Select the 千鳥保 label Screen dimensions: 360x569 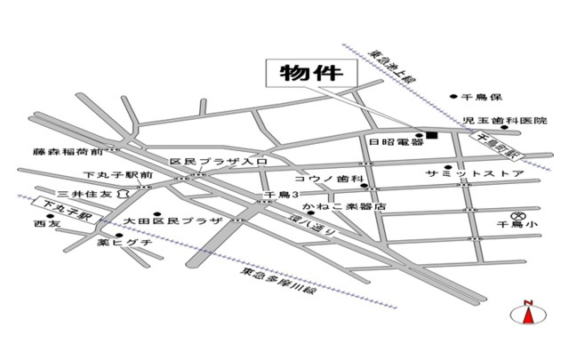(x=482, y=95)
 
